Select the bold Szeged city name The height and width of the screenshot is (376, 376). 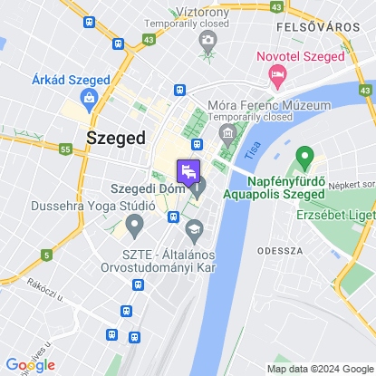point(115,138)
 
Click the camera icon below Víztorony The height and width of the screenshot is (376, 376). point(208,40)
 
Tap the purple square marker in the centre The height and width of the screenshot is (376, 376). point(188,169)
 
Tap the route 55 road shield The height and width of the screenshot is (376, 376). point(64,148)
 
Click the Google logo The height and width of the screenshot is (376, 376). point(30,364)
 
